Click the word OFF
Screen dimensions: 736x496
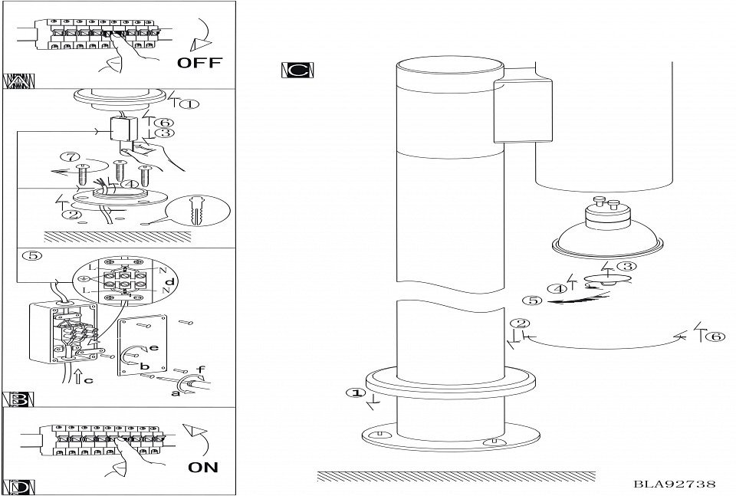coord(199,62)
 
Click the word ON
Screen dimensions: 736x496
coord(203,467)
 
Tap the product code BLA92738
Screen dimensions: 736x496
coord(675,484)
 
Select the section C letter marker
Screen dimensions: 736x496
coord(297,71)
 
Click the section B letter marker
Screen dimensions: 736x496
coord(18,399)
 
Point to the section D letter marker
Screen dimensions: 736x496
coord(18,487)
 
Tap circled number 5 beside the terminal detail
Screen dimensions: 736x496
coord(32,256)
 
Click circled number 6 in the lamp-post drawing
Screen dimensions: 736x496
coord(715,337)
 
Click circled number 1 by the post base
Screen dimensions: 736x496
coord(356,393)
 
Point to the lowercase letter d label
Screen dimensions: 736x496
coord(170,282)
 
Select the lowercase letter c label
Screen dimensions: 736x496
coord(89,380)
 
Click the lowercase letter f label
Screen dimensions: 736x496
coord(200,370)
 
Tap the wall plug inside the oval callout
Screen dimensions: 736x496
coord(196,211)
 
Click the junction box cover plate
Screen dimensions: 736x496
coord(142,345)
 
